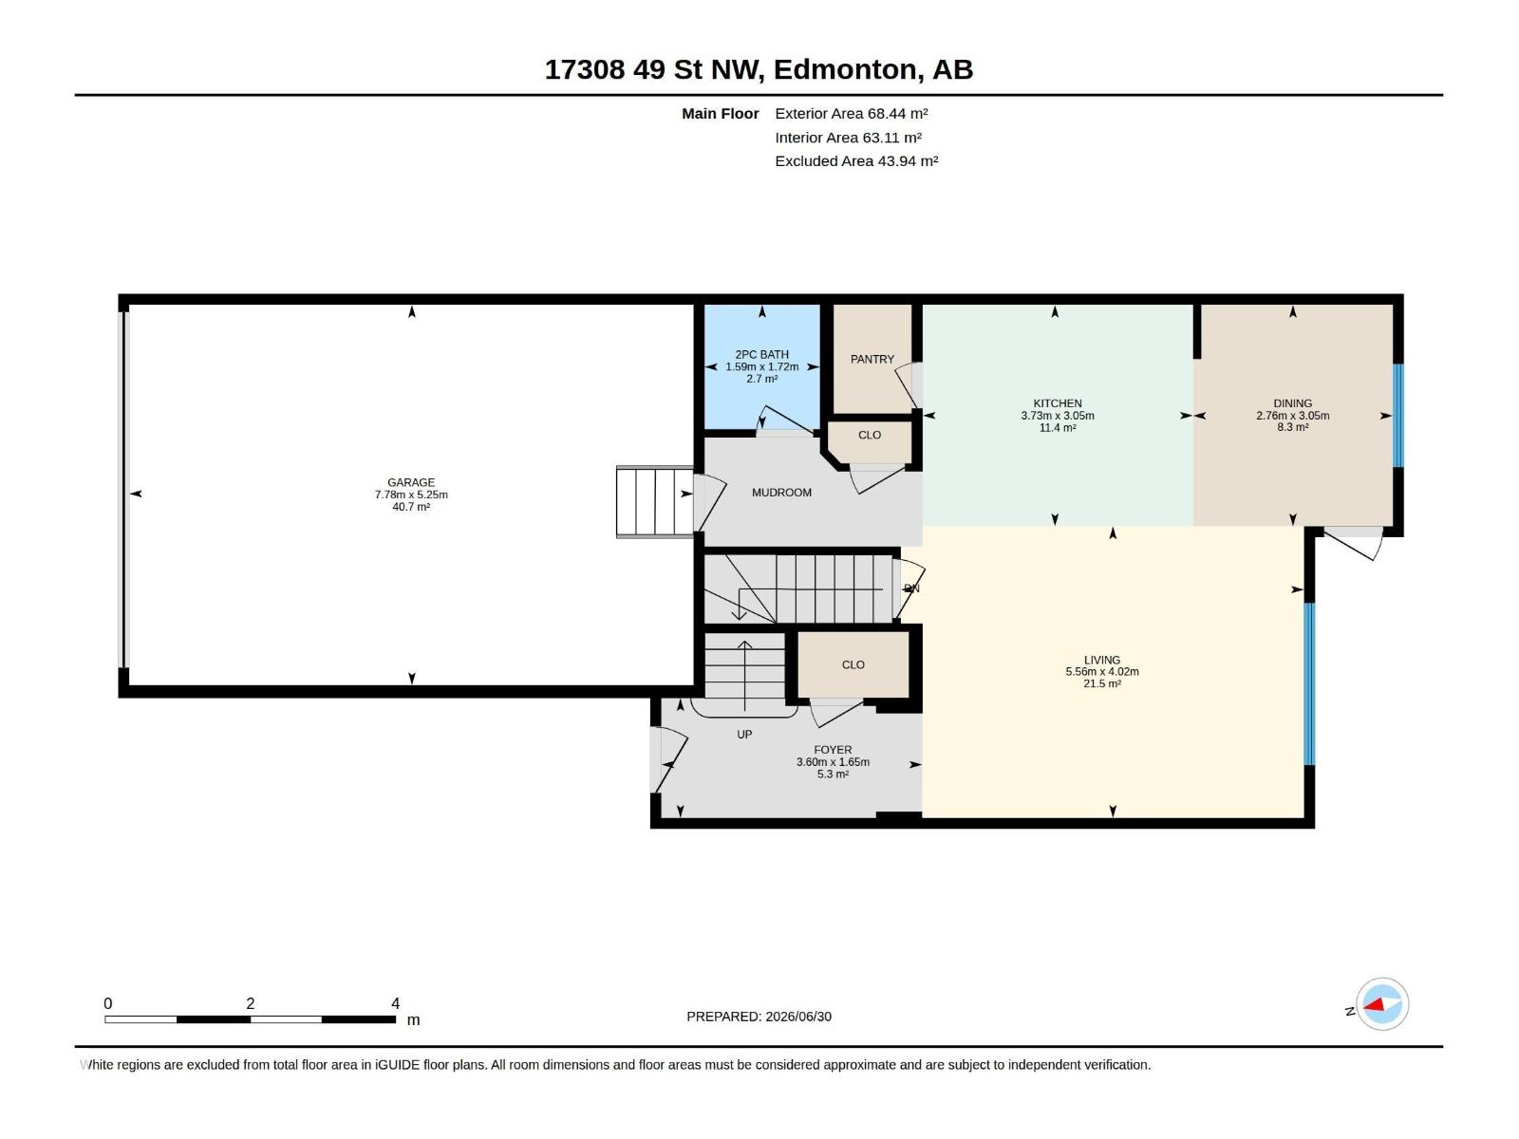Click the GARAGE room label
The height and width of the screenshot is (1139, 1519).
tap(411, 483)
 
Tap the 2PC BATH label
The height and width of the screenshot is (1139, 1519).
tap(762, 355)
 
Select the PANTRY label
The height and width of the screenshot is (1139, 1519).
tap(872, 360)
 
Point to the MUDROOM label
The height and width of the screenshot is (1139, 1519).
tap(781, 493)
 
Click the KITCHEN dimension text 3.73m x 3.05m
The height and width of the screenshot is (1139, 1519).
tap(1058, 416)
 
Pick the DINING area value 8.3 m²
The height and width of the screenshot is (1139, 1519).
tap(1293, 427)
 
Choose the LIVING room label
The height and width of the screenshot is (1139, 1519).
tap(1101, 660)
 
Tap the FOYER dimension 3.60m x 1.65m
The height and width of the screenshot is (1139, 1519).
tap(833, 762)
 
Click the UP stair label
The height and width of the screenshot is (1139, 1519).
tap(744, 735)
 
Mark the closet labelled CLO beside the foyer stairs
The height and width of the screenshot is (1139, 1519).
tap(853, 664)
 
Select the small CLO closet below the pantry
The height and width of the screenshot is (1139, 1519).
tap(870, 435)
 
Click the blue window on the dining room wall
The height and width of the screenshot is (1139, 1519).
tap(1397, 416)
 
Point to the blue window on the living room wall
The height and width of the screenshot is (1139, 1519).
tap(1308, 684)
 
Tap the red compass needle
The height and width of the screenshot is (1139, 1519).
tap(1374, 1004)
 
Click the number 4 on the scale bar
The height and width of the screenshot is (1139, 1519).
tap(395, 1003)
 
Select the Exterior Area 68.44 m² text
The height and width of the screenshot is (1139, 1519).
tap(852, 113)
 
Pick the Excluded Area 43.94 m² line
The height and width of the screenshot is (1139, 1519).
tap(856, 161)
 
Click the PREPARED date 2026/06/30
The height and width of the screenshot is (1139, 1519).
tap(798, 1017)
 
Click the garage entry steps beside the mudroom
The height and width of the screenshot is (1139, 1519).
tap(655, 501)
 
